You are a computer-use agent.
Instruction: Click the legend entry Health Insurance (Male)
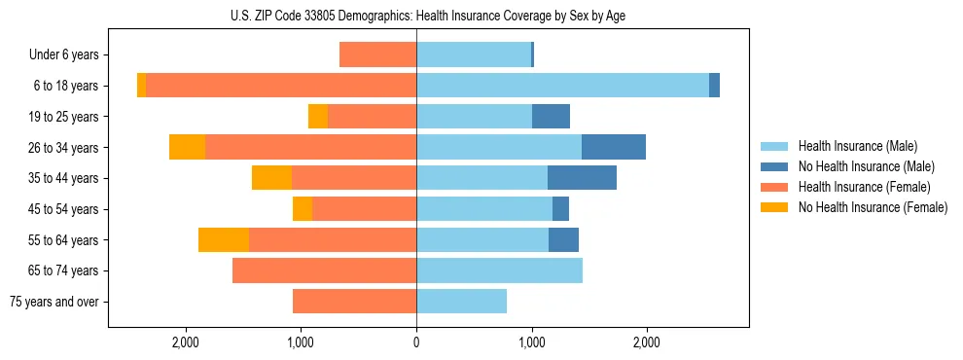(x=857, y=146)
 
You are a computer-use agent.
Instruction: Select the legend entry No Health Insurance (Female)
(x=873, y=207)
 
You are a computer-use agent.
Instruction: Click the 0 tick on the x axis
(x=416, y=342)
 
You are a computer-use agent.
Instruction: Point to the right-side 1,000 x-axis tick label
(x=531, y=342)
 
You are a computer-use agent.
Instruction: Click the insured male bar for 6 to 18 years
(x=562, y=86)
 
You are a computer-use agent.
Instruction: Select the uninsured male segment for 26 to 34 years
(x=614, y=147)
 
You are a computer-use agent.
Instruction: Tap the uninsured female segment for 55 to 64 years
(x=224, y=240)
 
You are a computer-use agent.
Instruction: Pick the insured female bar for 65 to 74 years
(x=324, y=270)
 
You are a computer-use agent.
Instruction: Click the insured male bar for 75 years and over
(x=461, y=302)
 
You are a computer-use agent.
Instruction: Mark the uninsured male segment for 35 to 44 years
(x=582, y=178)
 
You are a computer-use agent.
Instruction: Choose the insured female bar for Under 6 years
(x=377, y=55)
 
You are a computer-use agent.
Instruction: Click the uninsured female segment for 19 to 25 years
(x=318, y=117)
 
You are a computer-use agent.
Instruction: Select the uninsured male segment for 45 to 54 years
(x=560, y=209)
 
